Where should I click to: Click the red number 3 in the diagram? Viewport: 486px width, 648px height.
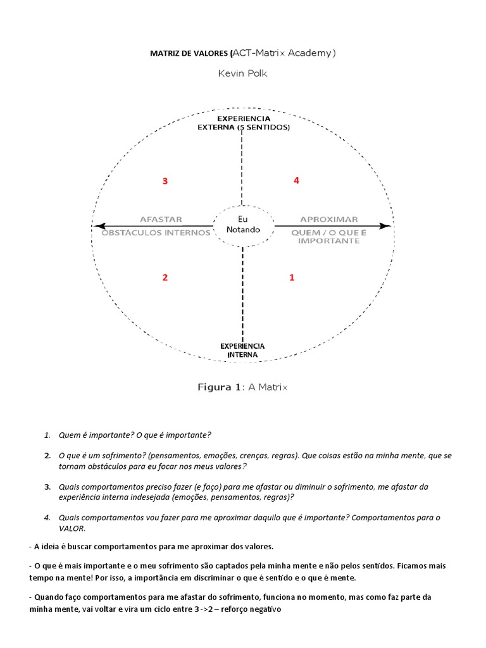165,181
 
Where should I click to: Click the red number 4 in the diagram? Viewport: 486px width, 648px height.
296,180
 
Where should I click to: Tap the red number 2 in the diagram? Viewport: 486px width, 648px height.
165,277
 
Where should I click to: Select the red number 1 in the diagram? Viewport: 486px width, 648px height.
292,277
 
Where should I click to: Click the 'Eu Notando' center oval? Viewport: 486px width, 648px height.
243,225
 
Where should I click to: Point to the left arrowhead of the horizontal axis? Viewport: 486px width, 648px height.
97,225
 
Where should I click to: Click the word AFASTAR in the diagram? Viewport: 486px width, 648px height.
161,219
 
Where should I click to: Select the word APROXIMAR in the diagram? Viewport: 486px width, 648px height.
328,219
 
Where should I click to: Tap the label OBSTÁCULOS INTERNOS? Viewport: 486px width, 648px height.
156,232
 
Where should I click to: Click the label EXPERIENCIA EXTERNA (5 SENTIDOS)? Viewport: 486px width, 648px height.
244,123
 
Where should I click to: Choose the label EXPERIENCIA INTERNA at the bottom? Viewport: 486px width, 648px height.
242,350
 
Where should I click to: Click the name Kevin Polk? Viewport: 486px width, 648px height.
242,73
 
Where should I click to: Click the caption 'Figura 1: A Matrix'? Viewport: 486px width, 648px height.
242,387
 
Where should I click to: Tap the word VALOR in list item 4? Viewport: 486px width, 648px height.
72,528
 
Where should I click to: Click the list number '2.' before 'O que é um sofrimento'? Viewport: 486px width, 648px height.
47,456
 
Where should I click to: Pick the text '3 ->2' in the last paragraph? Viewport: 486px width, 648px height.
200,609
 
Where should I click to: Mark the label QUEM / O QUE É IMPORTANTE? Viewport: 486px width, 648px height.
328,236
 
